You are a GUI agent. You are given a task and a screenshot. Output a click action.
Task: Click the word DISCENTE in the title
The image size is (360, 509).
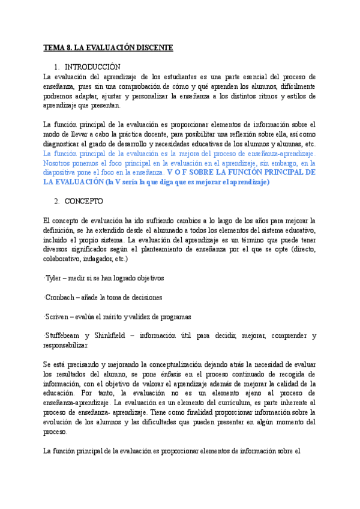[x=153, y=47]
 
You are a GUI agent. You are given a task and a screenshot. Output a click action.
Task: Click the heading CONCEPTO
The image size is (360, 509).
[x=85, y=201]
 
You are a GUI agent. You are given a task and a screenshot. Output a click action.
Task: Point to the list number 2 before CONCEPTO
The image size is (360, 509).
[x=56, y=201]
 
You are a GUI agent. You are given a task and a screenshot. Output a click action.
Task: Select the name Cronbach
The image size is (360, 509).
[x=62, y=297]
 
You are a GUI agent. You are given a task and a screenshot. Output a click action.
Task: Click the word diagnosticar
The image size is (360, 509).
[x=67, y=144]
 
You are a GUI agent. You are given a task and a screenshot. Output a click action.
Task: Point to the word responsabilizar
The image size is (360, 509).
[x=67, y=345]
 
